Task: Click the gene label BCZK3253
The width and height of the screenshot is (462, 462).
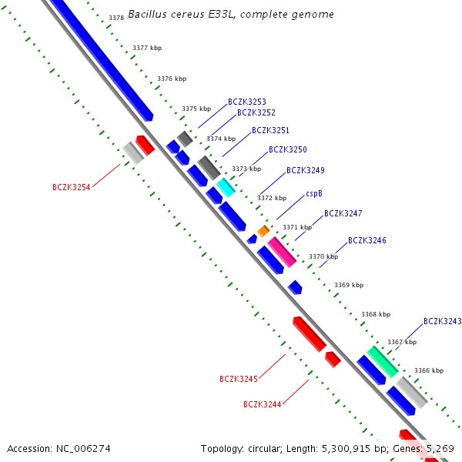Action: click(x=246, y=102)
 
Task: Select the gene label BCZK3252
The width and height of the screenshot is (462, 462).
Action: click(x=256, y=112)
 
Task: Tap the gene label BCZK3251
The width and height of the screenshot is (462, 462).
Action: click(x=270, y=131)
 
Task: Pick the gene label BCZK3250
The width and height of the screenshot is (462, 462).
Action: click(x=287, y=149)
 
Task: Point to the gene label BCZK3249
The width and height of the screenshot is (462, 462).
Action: click(x=305, y=170)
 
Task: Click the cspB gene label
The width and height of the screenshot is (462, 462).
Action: click(x=313, y=193)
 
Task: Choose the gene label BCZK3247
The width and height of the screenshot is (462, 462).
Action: click(x=343, y=213)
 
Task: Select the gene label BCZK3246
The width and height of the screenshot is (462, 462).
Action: click(x=367, y=240)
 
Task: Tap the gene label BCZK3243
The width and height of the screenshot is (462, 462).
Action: click(x=442, y=321)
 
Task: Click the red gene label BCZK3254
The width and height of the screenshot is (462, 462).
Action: click(x=71, y=187)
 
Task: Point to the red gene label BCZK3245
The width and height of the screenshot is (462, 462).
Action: click(x=238, y=379)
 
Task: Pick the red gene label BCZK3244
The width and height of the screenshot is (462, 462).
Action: click(x=262, y=404)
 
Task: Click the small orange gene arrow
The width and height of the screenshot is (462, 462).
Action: click(x=263, y=231)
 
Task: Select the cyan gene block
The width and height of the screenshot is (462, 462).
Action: click(x=226, y=187)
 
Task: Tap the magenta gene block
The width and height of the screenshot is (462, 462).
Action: click(x=282, y=252)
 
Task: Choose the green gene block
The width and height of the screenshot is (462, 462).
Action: click(x=382, y=361)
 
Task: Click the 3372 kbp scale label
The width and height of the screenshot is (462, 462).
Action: click(x=272, y=198)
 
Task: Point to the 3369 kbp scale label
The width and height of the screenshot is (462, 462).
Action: click(x=348, y=285)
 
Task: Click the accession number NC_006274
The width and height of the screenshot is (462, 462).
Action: click(x=59, y=448)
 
